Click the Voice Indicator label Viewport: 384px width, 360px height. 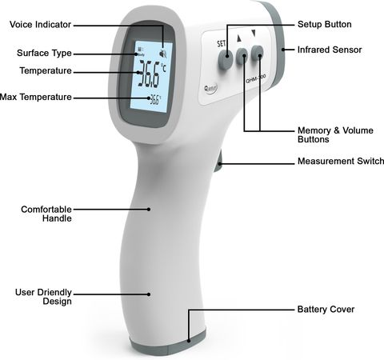(40, 25)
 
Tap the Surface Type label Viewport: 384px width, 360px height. (44, 53)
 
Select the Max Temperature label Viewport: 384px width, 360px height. (36, 97)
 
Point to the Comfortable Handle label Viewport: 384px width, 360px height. (46, 214)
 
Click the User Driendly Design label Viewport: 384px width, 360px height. (43, 297)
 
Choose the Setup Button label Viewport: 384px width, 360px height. (325, 24)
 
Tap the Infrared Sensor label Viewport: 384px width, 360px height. (330, 50)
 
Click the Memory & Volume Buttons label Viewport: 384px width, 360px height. (335, 134)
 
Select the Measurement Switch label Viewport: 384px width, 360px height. (341, 161)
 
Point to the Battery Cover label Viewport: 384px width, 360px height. (326, 310)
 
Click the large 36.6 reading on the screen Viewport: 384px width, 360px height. (149, 74)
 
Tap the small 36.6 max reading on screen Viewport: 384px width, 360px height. (155, 99)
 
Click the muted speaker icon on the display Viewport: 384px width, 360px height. (163, 54)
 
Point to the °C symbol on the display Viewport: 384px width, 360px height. (164, 68)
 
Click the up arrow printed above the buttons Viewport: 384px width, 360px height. (239, 38)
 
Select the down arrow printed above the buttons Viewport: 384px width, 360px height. (254, 33)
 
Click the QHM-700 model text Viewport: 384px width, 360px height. (255, 79)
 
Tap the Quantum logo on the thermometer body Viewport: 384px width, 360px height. (210, 88)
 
